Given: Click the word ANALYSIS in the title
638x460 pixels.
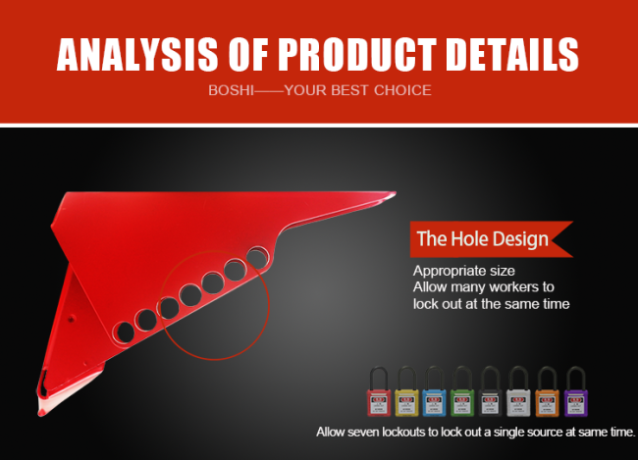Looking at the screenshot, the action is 137,55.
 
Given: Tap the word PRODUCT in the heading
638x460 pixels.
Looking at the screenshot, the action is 357,55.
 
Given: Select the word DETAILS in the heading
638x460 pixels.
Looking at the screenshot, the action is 512,55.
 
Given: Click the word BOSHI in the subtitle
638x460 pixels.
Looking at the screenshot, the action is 231,90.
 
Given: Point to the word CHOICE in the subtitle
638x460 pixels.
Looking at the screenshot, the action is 402,90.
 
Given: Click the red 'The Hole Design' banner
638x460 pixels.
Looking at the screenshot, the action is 492,239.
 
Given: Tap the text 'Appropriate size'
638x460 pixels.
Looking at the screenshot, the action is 464,272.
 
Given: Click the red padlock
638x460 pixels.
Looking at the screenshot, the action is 379,391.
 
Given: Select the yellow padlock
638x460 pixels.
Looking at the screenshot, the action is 407,391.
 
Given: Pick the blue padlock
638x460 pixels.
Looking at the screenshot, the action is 435,391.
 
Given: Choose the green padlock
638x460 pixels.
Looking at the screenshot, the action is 462,391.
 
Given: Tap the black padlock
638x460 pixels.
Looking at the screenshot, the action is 491,391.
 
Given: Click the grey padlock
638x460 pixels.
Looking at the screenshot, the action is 519,391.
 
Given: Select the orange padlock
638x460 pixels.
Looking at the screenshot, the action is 548,391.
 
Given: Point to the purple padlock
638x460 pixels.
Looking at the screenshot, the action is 576,391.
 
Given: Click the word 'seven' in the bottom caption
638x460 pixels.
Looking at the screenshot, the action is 358,432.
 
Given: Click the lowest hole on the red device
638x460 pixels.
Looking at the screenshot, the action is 125,332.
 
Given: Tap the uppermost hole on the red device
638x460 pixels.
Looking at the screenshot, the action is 257,257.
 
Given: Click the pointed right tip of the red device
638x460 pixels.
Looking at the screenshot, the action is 396,193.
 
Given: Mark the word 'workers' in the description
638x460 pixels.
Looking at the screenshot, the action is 507,287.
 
